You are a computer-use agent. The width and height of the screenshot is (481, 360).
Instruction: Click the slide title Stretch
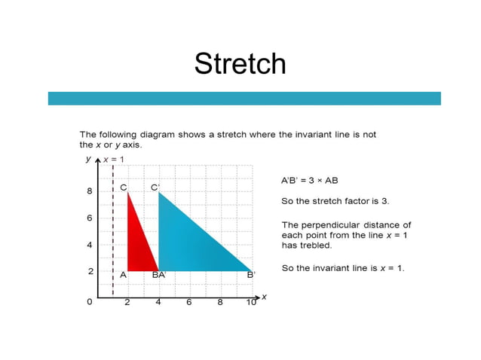240,63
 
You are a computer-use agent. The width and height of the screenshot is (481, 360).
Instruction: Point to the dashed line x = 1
113,226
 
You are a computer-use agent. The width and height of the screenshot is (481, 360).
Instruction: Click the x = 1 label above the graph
114,160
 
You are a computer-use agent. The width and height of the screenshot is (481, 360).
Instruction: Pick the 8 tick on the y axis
90,191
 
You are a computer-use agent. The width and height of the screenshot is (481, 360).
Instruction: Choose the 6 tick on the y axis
90,218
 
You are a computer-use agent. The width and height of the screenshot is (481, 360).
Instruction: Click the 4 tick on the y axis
90,245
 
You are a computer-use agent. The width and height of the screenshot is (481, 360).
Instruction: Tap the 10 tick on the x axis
250,302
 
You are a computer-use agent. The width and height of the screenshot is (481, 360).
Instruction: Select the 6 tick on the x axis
189,302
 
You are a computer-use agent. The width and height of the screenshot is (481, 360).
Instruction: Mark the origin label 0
90,301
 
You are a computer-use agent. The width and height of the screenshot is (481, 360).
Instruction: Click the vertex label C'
155,187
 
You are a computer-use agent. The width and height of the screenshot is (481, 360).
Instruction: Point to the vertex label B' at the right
251,275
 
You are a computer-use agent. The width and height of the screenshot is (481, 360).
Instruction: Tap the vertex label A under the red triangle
123,275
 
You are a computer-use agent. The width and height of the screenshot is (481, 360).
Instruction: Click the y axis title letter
88,160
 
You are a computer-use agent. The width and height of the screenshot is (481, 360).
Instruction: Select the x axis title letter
264,297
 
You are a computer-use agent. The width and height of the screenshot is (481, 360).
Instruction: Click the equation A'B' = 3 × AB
310,181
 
